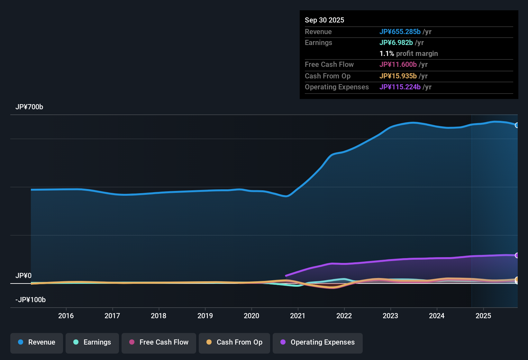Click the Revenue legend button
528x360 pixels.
[x=37, y=342]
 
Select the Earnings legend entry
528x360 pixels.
[x=92, y=342]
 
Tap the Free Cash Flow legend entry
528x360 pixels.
[x=159, y=342]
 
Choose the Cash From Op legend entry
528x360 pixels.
[x=234, y=342]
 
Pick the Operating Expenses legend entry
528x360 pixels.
[x=318, y=342]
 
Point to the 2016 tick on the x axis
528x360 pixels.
[x=66, y=316]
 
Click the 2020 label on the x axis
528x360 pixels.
[x=251, y=316]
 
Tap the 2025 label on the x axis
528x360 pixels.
[x=483, y=316]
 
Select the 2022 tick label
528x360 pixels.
[x=344, y=316]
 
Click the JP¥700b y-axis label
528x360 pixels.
[x=29, y=107]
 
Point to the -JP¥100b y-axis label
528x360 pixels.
[x=31, y=300]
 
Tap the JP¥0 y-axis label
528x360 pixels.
[x=23, y=276]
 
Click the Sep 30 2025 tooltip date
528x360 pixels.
[x=324, y=20]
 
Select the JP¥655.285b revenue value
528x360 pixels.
[x=400, y=32]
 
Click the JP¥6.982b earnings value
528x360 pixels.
[x=396, y=43]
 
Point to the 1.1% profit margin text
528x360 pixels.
[x=409, y=54]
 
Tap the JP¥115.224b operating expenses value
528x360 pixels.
[x=400, y=87]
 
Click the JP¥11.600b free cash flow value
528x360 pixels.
[x=398, y=65]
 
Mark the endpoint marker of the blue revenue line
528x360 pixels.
[x=517, y=125]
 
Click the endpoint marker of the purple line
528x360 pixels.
[x=517, y=255]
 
